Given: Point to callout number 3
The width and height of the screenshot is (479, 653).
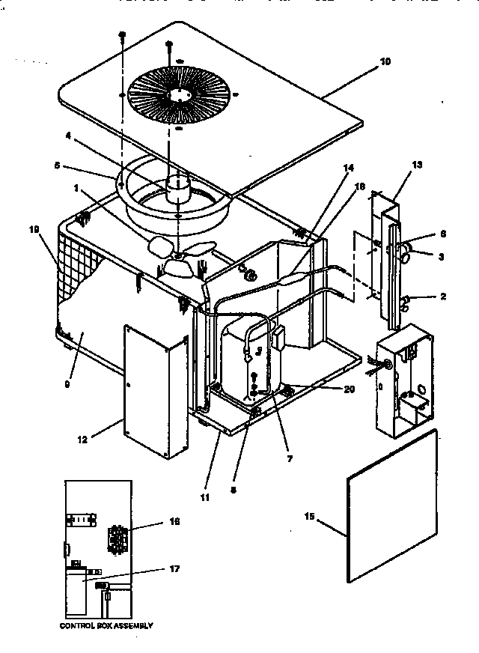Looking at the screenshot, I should (x=442, y=256).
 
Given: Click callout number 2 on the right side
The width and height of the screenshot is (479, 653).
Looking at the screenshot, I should (x=443, y=297).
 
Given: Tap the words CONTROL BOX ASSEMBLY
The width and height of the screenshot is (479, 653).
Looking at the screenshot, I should (x=106, y=625).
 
